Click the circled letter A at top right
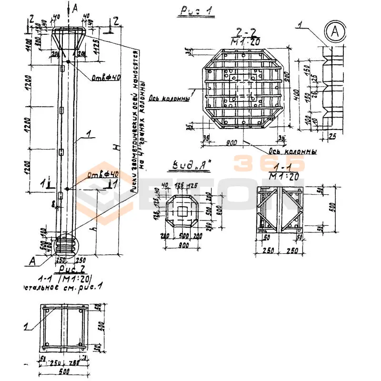335,32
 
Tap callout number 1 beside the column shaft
87,134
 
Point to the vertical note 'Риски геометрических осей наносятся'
135,119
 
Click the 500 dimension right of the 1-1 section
332,207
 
